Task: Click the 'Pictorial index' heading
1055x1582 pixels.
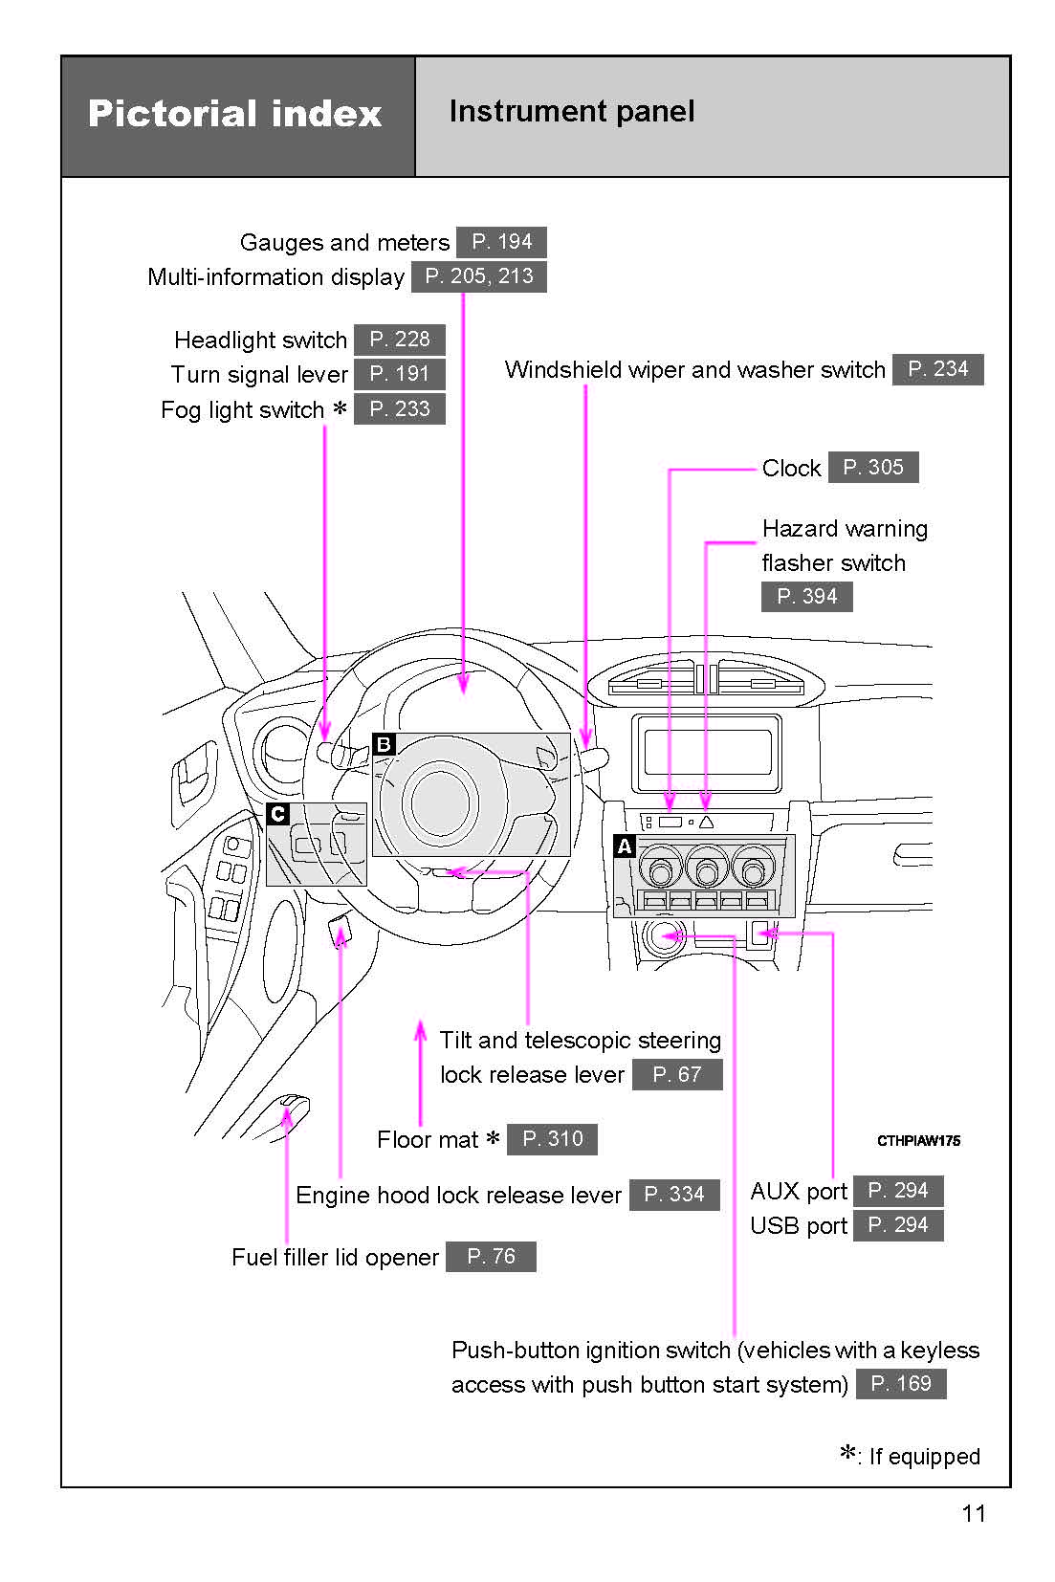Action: coord(235,114)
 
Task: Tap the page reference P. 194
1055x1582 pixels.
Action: coord(501,242)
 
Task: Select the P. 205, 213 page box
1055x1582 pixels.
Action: coord(478,276)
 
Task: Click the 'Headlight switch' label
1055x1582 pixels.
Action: coord(260,341)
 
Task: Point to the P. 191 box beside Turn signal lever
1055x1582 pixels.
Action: coord(399,374)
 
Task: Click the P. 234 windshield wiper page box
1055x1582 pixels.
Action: coord(937,369)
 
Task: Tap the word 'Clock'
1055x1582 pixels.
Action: coord(791,468)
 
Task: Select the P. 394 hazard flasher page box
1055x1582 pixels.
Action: coord(806,597)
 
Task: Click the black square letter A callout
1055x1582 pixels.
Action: coord(625,846)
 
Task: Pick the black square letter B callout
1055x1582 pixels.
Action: coord(384,744)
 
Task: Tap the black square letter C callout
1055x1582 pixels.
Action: coord(277,814)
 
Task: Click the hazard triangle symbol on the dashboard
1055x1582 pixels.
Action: coord(706,822)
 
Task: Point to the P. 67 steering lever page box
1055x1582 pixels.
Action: coord(676,1075)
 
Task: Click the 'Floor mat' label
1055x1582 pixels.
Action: coord(428,1139)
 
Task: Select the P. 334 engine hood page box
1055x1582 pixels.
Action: coord(673,1195)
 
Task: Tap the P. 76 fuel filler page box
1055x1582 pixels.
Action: coord(491,1257)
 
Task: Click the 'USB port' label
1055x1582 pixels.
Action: coord(799,1225)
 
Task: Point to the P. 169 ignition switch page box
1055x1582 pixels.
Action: coord(900,1384)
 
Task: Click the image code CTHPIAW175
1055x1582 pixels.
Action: coord(918,1140)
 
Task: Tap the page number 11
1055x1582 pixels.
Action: coord(974,1513)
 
